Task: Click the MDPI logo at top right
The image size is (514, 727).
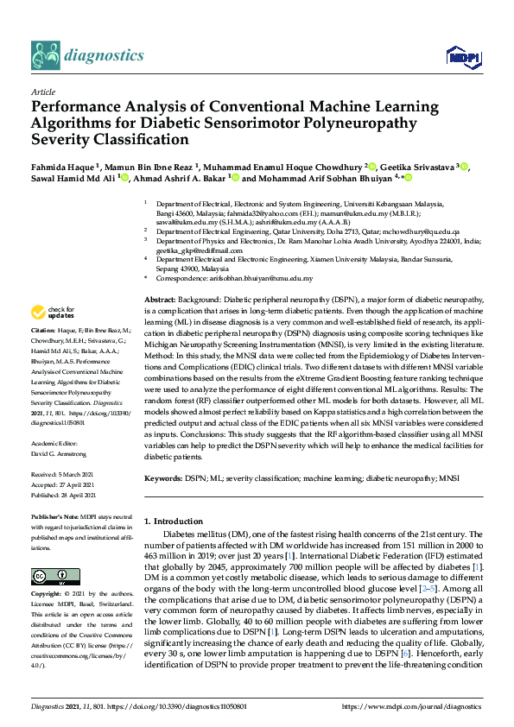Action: [463, 57]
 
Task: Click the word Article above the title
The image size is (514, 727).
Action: [43, 92]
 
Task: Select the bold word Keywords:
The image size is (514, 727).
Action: [163, 477]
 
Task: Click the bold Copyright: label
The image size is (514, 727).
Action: [48, 594]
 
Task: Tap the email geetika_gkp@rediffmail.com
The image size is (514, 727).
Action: [201, 250]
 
